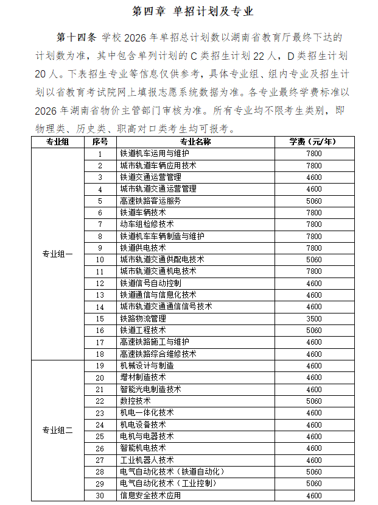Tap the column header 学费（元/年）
tap(313, 141)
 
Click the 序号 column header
tap(100, 141)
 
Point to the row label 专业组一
tap(57, 254)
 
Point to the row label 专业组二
tap(57, 431)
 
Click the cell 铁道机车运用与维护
tap(155, 154)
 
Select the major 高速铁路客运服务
tap(150, 201)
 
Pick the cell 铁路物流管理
tap(143, 318)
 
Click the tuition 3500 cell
tap(313, 318)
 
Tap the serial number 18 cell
tap(100, 354)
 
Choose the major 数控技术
tap(135, 401)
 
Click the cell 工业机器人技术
tap(147, 460)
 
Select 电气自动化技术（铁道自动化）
tap(173, 472)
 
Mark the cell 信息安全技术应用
tap(150, 496)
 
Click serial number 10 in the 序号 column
tap(100, 260)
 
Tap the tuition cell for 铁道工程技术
tap(313, 331)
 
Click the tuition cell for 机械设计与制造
tap(313, 366)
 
